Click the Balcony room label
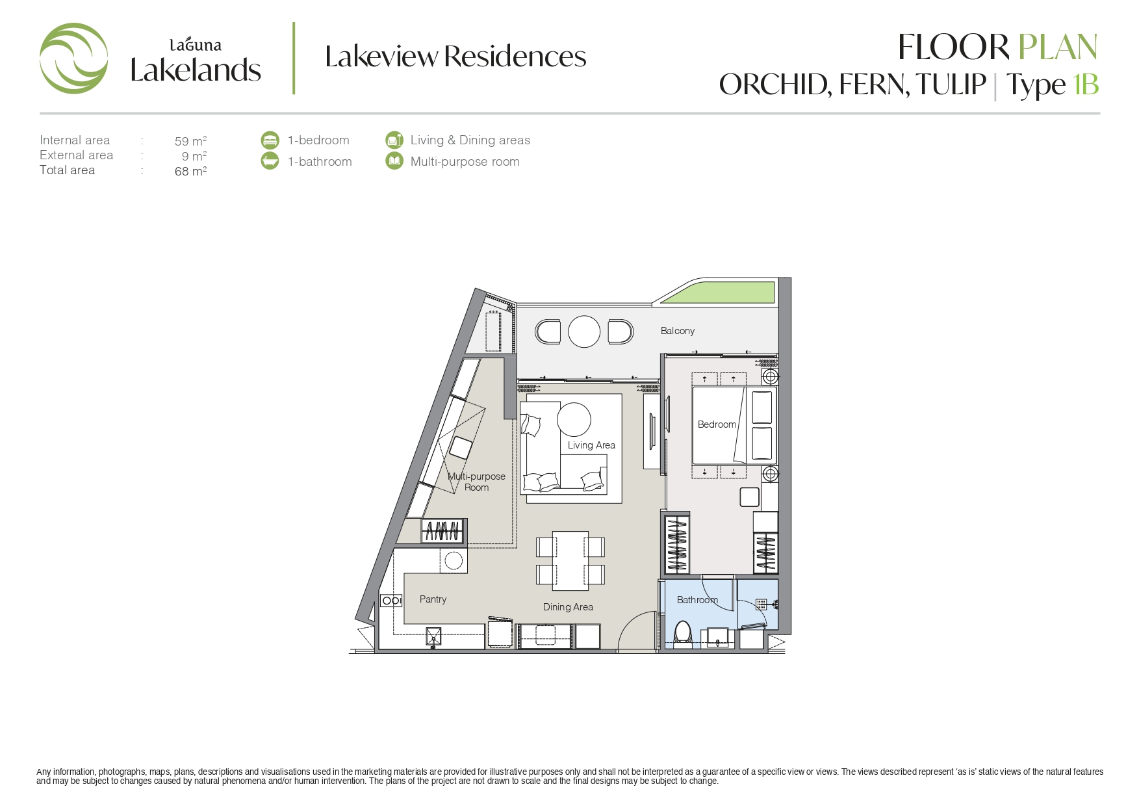[678, 331]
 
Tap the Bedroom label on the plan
[717, 424]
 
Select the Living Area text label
[591, 445]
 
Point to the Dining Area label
[568, 607]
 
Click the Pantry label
[433, 599]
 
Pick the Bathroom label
[697, 600]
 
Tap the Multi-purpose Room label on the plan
[476, 482]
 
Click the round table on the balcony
[584, 331]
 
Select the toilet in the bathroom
[683, 634]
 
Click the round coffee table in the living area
[574, 419]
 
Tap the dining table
[570, 561]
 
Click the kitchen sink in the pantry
[433, 636]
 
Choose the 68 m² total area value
[190, 171]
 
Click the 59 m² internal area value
[190, 141]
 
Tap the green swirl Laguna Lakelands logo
[73, 58]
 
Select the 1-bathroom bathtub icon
[270, 161]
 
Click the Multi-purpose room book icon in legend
[394, 161]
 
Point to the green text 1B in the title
[1085, 84]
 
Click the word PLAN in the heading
[1057, 47]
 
